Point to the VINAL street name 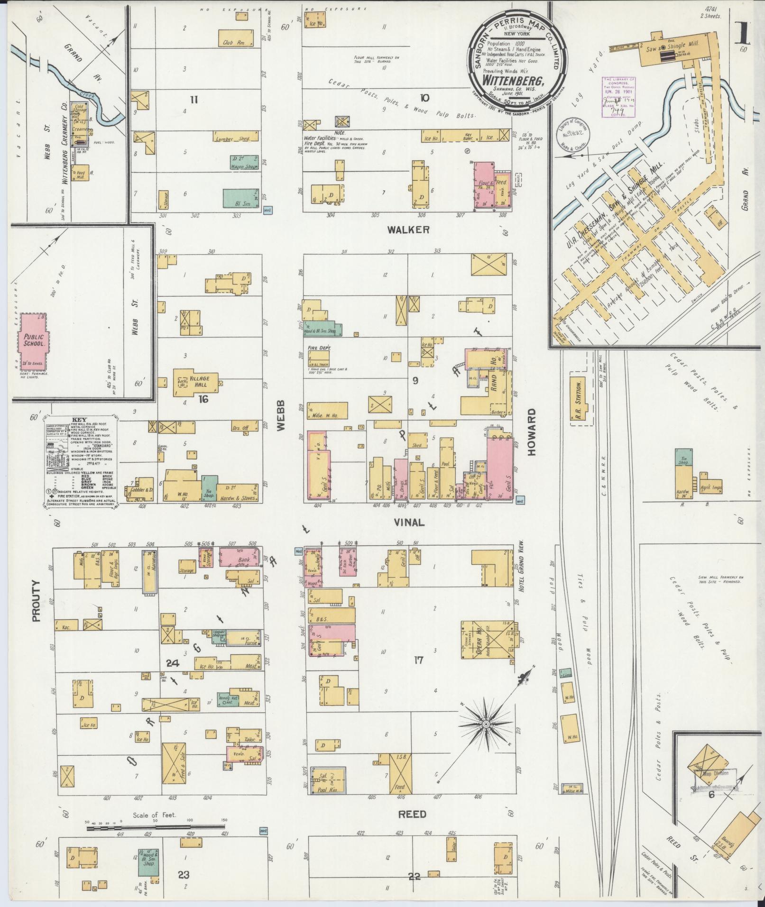click(409, 522)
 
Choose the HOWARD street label click(531, 432)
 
